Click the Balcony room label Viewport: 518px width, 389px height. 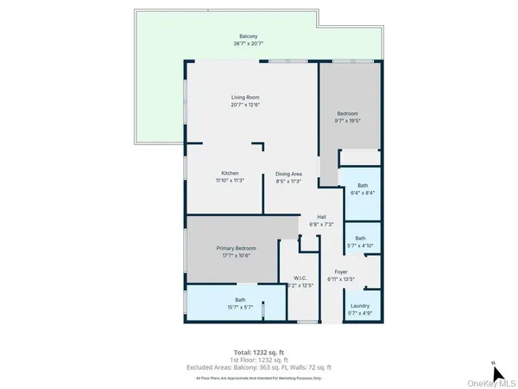(x=248, y=35)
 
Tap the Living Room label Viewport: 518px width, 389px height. (x=245, y=97)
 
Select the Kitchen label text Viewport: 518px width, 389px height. (x=230, y=173)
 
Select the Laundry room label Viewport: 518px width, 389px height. (x=360, y=305)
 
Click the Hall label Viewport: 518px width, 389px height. (x=321, y=217)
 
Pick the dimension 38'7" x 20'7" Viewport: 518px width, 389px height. (x=248, y=43)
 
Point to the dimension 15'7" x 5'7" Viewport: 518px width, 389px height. (x=240, y=307)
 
